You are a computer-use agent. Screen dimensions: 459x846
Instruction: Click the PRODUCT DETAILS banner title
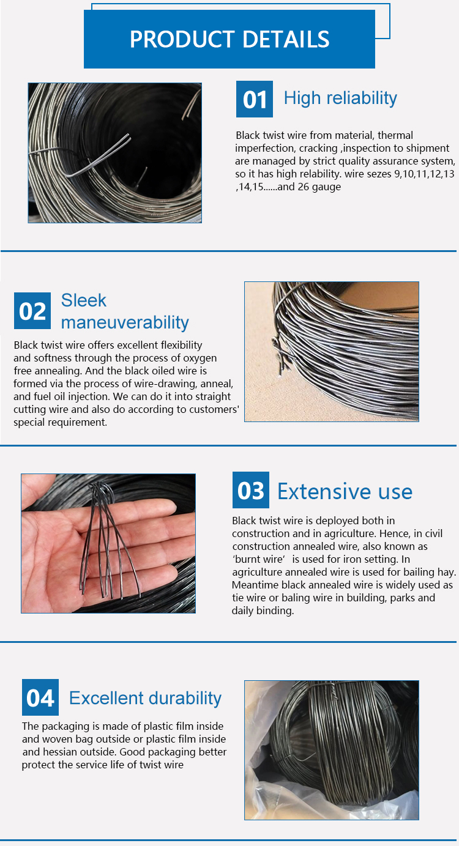pos(229,39)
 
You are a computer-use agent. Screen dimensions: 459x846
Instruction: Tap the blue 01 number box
pos(254,99)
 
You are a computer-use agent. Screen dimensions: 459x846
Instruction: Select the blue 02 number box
pos(32,311)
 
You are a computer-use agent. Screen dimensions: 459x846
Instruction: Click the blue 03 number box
pos(250,490)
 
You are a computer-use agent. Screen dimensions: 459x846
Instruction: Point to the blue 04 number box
pos(40,697)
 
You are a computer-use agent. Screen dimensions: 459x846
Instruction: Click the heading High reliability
pos(340,98)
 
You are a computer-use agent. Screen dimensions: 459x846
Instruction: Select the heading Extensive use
pos(345,491)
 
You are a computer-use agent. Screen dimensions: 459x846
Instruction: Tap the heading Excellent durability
pos(145,698)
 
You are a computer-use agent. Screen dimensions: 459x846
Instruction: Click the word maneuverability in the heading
pos(125,322)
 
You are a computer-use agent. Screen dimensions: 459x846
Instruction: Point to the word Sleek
pos(83,300)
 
